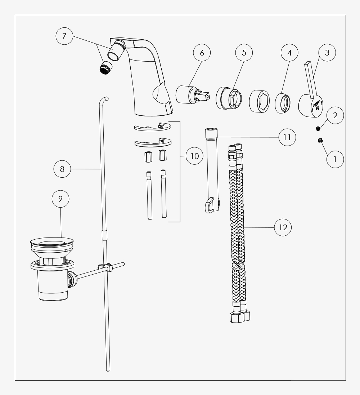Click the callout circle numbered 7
tap(64, 36)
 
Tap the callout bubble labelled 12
tap(283, 227)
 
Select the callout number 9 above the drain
tap(60, 199)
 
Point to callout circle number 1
tap(335, 159)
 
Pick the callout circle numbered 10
tap(194, 156)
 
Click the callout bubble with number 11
tap(287, 137)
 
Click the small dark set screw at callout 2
tap(318, 128)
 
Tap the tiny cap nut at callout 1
tap(320, 140)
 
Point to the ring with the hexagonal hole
tap(259, 101)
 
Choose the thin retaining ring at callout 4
tap(283, 103)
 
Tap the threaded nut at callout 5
tap(229, 98)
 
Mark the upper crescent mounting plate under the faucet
tap(152, 127)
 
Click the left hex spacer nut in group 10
tap(148, 156)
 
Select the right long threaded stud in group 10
tap(164, 194)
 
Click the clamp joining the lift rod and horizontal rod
tap(105, 267)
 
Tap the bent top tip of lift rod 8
tap(104, 99)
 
